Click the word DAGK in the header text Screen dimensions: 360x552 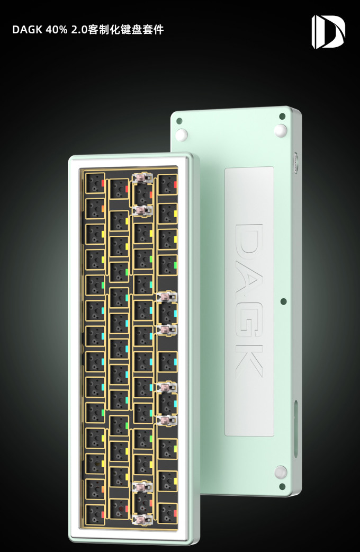pyautogui.click(x=27, y=30)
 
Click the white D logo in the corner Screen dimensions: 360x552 pyautogui.click(x=328, y=32)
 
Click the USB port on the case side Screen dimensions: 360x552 pyautogui.click(x=295, y=163)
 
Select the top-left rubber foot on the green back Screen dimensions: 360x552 pyautogui.click(x=182, y=135)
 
